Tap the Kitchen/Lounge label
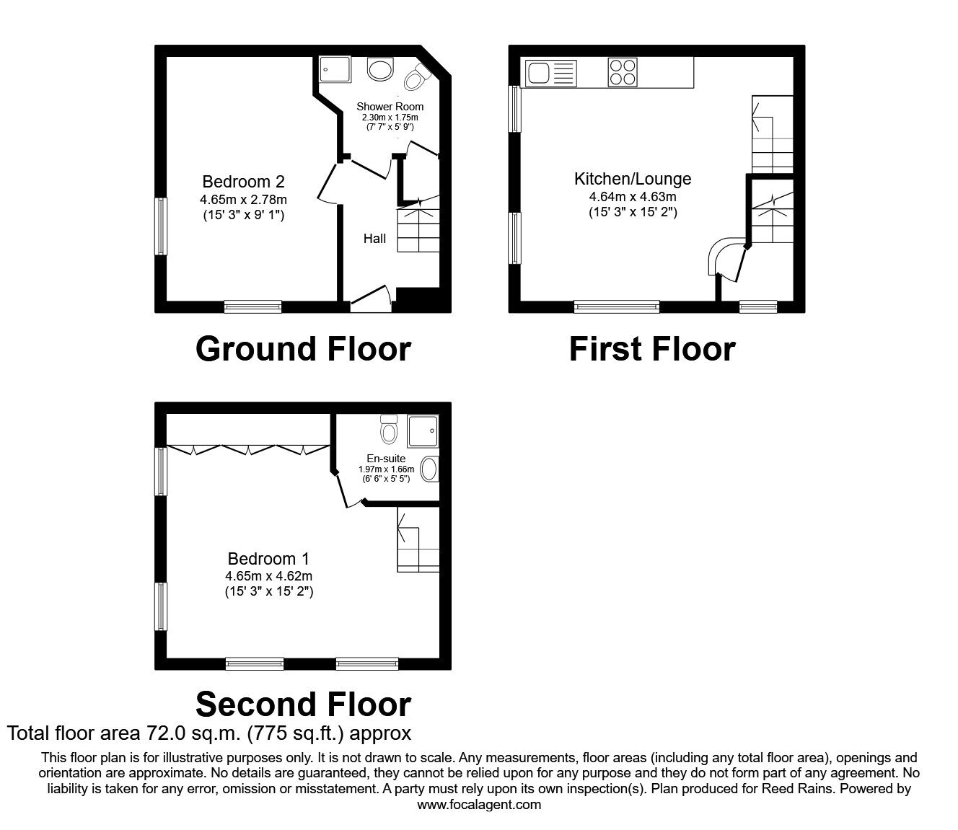pyautogui.click(x=632, y=179)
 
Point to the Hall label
pyautogui.click(x=374, y=239)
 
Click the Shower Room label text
pyautogui.click(x=390, y=107)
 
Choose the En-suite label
pyautogui.click(x=386, y=459)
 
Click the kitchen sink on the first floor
pyautogui.click(x=551, y=73)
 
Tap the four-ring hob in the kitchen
pyautogui.click(x=623, y=72)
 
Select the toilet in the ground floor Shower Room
pyautogui.click(x=417, y=77)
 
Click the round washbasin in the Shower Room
pyautogui.click(x=379, y=69)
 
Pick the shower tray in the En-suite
pyautogui.click(x=423, y=431)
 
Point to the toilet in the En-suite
pyautogui.click(x=389, y=429)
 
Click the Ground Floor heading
pyautogui.click(x=303, y=349)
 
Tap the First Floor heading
pyautogui.click(x=651, y=349)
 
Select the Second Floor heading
pyautogui.click(x=303, y=704)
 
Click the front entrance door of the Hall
pyautogui.click(x=370, y=299)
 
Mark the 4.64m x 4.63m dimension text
pyautogui.click(x=632, y=196)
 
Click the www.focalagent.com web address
pyautogui.click(x=479, y=805)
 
